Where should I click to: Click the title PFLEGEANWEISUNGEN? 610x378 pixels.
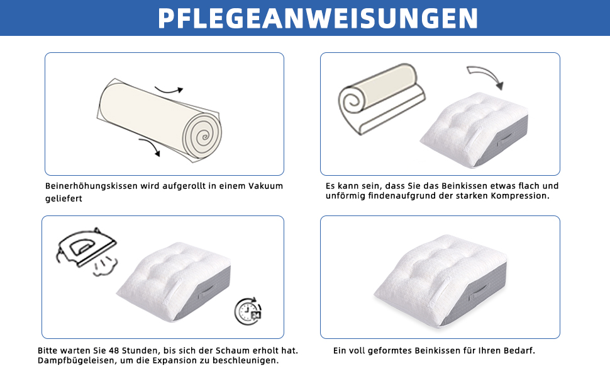click(318, 18)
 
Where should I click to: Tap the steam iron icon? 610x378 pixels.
click(86, 248)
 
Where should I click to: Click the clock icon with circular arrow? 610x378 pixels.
click(248, 311)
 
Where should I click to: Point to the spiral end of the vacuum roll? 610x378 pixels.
click(202, 135)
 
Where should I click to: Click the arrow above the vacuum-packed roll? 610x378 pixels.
click(169, 91)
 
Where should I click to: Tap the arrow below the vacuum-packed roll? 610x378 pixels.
click(150, 147)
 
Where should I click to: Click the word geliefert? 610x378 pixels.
click(64, 198)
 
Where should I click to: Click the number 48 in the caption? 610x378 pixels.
click(114, 351)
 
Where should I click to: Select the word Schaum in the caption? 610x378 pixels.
click(233, 351)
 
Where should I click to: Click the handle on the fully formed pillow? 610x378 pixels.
click(478, 292)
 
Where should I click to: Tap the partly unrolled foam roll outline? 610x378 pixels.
click(382, 99)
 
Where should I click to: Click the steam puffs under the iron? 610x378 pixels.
click(105, 266)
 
